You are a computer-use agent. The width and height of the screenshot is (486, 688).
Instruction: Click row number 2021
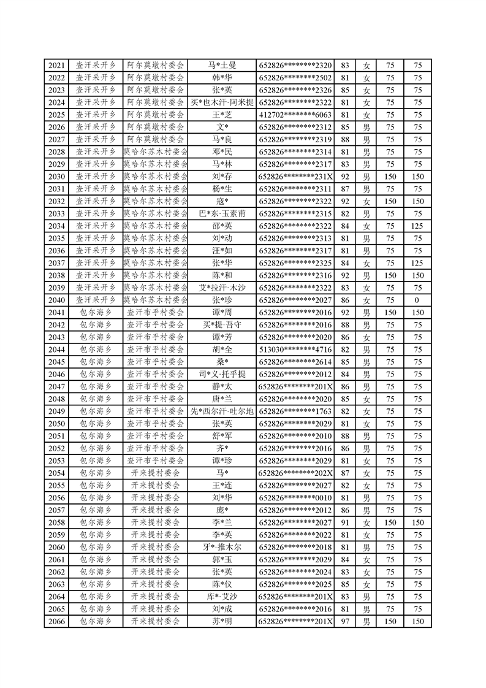click(56, 66)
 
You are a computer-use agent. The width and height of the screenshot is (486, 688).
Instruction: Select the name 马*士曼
click(222, 66)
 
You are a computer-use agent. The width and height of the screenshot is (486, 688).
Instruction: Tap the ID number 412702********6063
click(295, 115)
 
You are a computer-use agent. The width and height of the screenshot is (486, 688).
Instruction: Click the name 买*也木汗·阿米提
click(222, 102)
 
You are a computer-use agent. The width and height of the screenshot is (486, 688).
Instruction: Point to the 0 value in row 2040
click(417, 300)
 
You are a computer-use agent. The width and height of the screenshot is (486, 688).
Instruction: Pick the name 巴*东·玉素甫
click(222, 214)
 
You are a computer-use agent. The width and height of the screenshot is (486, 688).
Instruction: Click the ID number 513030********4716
click(295, 350)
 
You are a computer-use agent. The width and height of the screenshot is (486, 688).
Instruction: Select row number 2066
click(56, 622)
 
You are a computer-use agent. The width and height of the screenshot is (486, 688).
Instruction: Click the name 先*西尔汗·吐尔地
click(222, 411)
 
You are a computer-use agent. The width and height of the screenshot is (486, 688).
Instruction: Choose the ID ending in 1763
click(295, 411)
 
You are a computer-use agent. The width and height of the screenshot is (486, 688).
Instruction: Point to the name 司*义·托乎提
click(222, 375)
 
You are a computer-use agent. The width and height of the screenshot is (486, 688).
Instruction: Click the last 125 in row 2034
click(417, 226)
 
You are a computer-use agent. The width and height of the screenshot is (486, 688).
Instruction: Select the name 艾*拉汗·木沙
click(222, 288)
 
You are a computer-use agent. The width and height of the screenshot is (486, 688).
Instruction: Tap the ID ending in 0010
click(295, 498)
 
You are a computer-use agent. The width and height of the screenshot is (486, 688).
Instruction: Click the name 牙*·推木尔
click(222, 548)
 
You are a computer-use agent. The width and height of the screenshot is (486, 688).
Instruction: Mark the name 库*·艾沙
click(222, 597)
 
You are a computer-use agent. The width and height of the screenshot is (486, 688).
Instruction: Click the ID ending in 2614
click(295, 362)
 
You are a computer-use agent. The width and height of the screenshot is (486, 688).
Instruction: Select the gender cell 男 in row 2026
click(366, 127)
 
